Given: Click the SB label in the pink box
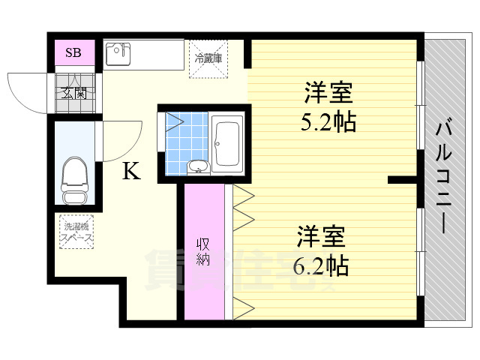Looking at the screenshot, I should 73,52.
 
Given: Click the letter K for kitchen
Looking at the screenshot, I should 130,172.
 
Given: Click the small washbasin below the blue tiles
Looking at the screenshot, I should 196,166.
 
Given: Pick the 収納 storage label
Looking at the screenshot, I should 203,252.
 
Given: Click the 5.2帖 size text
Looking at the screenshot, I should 328,121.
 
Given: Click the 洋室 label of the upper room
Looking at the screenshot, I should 328,96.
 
